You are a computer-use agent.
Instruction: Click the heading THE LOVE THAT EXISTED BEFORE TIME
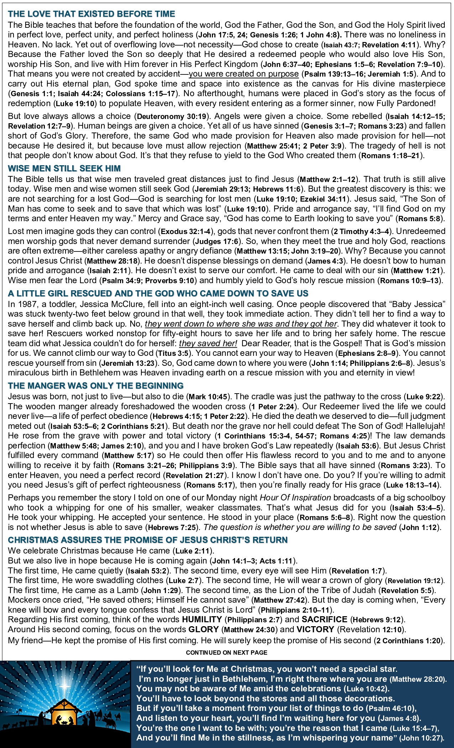pyautogui.click(x=92, y=14)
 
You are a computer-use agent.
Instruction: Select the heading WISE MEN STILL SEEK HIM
pyautogui.click(x=64, y=168)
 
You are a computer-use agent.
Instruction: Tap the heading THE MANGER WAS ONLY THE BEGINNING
pyautogui.click(x=95, y=386)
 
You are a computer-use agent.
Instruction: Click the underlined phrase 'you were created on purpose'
pyautogui.click(x=244, y=74)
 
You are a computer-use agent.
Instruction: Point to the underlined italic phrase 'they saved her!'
pyautogui.click(x=208, y=343)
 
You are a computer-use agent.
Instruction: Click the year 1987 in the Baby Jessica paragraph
pyautogui.click(x=26, y=304)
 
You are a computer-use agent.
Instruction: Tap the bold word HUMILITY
pyautogui.click(x=202, y=619)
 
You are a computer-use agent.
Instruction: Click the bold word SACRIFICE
pyautogui.click(x=324, y=619)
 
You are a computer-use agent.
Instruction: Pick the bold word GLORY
pyautogui.click(x=203, y=629)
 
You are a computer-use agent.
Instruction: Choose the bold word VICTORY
pyautogui.click(x=315, y=629)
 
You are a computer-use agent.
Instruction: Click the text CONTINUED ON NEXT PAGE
pyautogui.click(x=226, y=653)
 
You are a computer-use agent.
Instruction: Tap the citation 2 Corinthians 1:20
pyautogui.click(x=409, y=641)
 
